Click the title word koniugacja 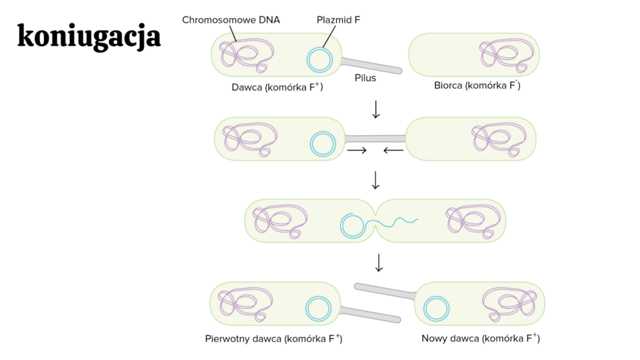[89, 37]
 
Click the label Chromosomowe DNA [230, 20]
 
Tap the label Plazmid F [338, 20]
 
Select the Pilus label [366, 78]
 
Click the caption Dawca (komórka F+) [277, 88]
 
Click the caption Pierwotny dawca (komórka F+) [274, 339]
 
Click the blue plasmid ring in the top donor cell [319, 60]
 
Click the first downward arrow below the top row [376, 110]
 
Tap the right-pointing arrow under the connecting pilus [357, 151]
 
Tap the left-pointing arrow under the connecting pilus [393, 151]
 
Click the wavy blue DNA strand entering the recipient [399, 223]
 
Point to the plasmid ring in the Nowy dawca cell [436, 309]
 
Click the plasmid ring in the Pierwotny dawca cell [318, 309]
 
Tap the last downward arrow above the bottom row [379, 263]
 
